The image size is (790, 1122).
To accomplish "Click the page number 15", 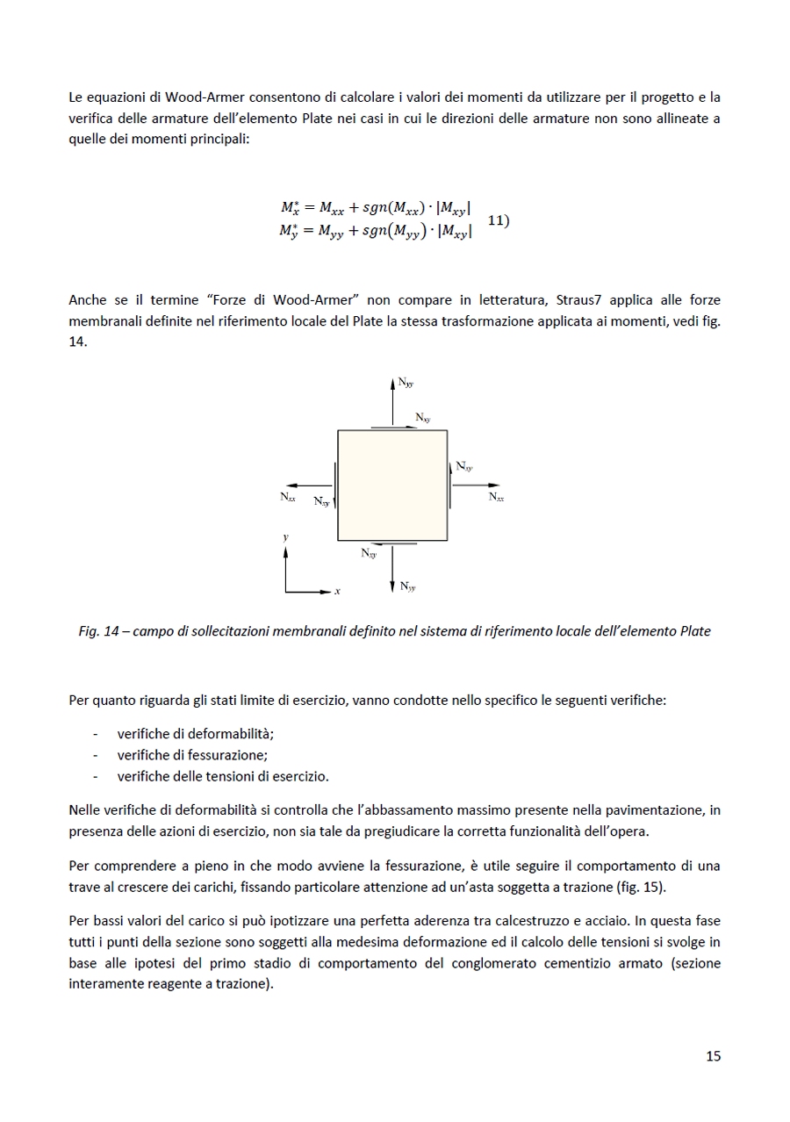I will click(x=713, y=1056).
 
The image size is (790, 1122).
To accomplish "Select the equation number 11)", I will click(x=498, y=220).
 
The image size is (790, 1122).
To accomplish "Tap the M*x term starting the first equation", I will click(x=291, y=208).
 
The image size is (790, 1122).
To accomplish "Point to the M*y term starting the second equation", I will click(x=291, y=232).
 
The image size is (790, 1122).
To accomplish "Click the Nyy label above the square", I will click(x=406, y=383).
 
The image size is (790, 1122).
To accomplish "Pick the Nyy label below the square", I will click(x=407, y=586).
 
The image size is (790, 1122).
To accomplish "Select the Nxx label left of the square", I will click(x=288, y=498).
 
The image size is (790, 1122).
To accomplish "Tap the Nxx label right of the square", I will click(x=496, y=498).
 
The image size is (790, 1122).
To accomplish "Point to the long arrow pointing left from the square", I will click(x=309, y=485).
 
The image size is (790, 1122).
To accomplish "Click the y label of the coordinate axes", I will click(x=285, y=536).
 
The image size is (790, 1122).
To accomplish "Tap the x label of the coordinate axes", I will click(x=337, y=592).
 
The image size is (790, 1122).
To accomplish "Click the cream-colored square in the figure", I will click(x=392, y=485).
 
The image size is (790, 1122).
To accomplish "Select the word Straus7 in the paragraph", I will click(x=579, y=300).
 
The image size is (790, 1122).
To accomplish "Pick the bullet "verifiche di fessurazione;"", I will click(x=192, y=755).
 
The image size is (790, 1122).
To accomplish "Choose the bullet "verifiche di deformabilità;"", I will click(x=195, y=734).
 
